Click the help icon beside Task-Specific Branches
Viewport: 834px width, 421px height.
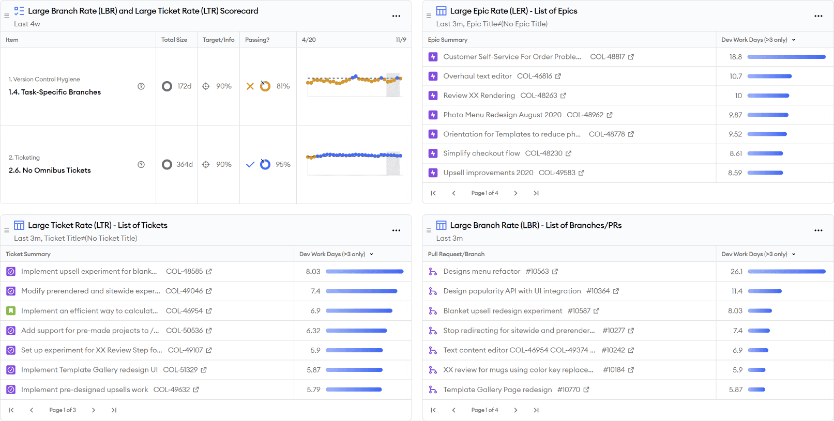click(x=141, y=86)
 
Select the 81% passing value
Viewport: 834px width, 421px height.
click(x=283, y=86)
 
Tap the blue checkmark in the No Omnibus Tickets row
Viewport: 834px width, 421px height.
click(x=250, y=164)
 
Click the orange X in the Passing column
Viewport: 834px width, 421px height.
click(x=250, y=86)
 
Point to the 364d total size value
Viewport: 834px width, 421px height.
click(x=184, y=164)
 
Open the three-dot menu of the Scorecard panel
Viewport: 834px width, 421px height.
click(x=396, y=16)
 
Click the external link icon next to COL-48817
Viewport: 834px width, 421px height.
click(x=631, y=57)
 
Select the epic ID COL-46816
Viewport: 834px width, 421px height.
click(x=534, y=76)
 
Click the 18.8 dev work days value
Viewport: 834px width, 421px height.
click(x=735, y=57)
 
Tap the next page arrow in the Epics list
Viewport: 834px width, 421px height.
click(x=515, y=193)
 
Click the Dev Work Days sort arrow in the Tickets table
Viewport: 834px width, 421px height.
click(x=372, y=254)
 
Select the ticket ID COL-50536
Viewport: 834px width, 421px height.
click(x=184, y=331)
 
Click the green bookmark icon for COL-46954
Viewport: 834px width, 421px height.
click(x=11, y=310)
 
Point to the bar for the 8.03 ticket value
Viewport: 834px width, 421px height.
click(x=365, y=272)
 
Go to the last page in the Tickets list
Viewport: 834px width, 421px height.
click(x=114, y=410)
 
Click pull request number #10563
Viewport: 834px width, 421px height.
click(x=537, y=272)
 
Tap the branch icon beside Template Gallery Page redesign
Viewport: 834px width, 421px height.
click(x=433, y=390)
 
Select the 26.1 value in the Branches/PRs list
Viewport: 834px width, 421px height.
click(x=736, y=272)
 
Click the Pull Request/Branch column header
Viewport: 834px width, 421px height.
click(x=456, y=254)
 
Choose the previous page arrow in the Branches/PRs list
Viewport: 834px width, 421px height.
click(x=453, y=410)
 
